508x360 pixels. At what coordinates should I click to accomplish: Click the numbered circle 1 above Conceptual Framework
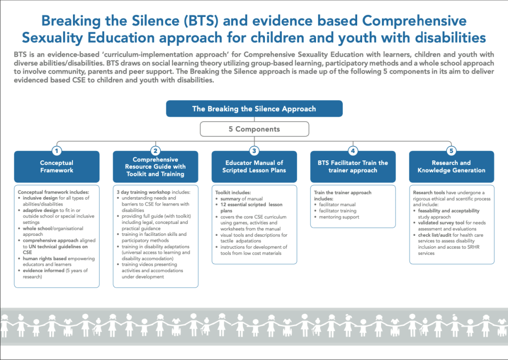pos(57,150)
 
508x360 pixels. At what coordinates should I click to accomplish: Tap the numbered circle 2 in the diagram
pos(155,150)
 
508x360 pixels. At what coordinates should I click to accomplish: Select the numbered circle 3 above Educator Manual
pos(254,150)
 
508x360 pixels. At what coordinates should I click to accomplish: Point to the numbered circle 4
pos(353,150)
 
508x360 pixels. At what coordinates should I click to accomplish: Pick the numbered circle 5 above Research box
pos(451,150)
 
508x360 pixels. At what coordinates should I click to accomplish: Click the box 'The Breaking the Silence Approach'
pos(254,109)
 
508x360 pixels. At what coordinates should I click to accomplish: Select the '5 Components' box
pos(254,129)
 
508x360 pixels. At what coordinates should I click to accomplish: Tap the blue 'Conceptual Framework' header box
pos(57,166)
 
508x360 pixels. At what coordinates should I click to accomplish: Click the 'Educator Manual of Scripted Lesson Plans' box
pos(254,166)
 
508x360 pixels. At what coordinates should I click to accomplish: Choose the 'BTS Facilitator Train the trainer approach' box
pos(353,166)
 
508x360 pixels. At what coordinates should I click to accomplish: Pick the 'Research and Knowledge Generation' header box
pos(451,166)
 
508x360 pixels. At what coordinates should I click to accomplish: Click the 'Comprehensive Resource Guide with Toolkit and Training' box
pos(155,166)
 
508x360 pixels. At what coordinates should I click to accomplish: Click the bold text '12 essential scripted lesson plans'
pos(248,207)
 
